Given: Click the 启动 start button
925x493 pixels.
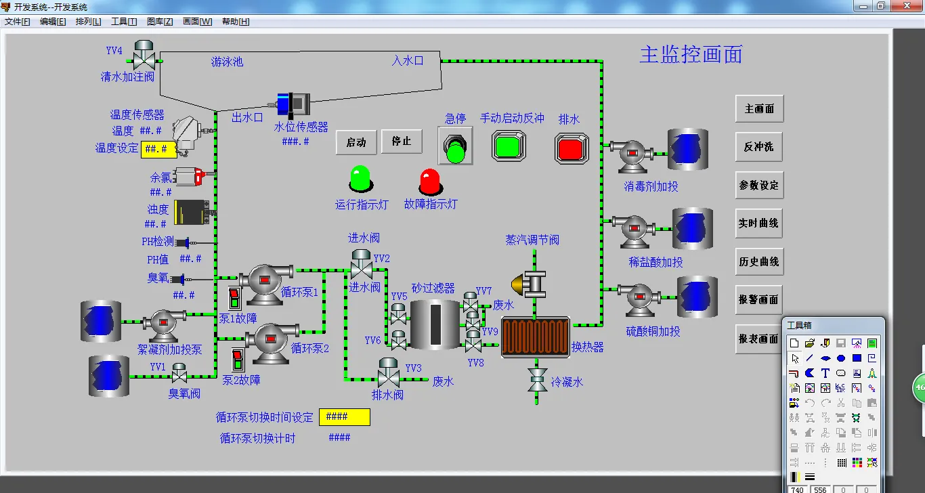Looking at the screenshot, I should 356,142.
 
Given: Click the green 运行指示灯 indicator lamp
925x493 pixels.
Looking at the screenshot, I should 360,179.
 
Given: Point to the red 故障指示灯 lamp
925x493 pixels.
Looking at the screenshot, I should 430,181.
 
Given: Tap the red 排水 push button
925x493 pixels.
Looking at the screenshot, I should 572,147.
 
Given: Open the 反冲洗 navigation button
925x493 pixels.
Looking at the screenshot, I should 759,147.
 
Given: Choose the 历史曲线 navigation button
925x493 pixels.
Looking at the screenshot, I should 759,261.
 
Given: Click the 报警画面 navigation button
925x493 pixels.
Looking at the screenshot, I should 759,299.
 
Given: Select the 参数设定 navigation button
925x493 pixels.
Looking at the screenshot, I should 759,185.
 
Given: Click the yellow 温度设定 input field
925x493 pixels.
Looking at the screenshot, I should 159,149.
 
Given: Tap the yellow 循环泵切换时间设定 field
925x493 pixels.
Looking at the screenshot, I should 345,417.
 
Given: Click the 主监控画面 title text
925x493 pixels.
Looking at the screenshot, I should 691,54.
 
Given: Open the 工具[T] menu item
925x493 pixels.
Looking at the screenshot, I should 123,22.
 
